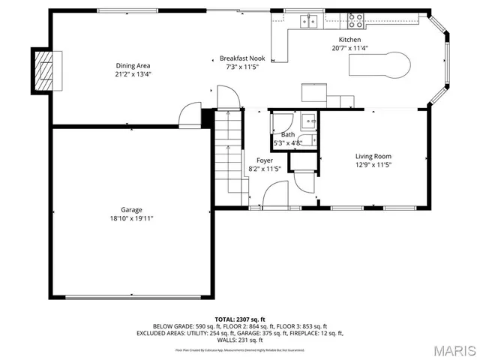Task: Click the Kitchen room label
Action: [x=349, y=40]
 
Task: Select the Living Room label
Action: [x=373, y=156]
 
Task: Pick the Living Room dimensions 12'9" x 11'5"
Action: [x=373, y=164]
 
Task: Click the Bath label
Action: [x=288, y=134]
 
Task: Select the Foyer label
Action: [x=264, y=160]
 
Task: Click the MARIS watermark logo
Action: [x=454, y=349]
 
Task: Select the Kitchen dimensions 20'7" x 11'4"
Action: [x=349, y=48]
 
